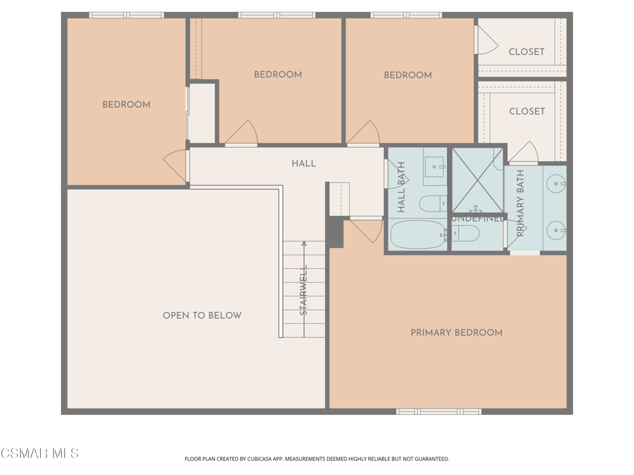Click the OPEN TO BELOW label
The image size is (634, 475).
tap(202, 315)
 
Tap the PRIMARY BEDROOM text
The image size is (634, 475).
tap(456, 333)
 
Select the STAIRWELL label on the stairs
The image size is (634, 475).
tap(304, 290)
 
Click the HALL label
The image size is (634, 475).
tap(303, 164)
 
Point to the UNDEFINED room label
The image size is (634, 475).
tap(477, 219)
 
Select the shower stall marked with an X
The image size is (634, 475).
tap(477, 180)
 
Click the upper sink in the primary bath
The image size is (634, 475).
tap(557, 184)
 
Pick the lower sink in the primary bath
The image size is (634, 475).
tap(557, 231)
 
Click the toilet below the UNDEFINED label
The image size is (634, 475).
tap(466, 234)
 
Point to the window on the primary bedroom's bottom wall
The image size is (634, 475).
tap(438, 411)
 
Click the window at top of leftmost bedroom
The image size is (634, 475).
tap(126, 15)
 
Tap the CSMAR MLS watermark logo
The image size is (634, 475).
tap(40, 453)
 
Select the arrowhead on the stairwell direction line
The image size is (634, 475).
tap(304, 244)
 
